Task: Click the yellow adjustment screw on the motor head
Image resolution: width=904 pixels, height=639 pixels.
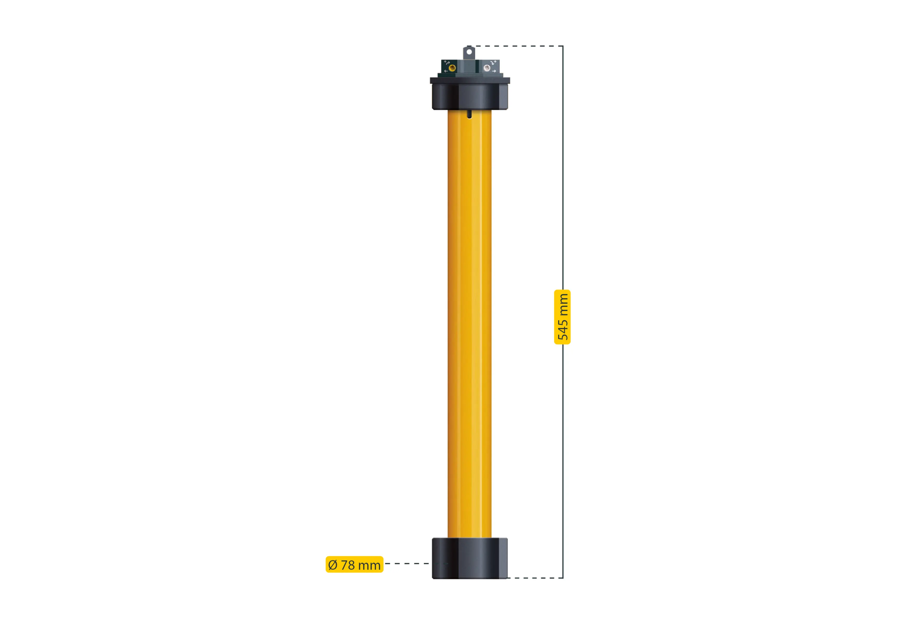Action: click(453, 68)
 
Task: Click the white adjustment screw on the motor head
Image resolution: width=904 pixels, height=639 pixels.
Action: click(487, 68)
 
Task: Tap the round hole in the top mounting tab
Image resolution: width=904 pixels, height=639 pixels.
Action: click(469, 52)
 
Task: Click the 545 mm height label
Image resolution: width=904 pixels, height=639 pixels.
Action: click(562, 317)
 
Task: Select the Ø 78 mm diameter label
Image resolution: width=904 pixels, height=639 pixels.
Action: click(354, 565)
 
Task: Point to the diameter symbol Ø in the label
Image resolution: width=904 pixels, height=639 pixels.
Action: click(333, 565)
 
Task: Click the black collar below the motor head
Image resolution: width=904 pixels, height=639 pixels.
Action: click(470, 97)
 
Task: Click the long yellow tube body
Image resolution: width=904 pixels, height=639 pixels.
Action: click(469, 323)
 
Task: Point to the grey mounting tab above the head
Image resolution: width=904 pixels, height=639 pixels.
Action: click(469, 55)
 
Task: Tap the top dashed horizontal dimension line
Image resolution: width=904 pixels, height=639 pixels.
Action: click(516, 46)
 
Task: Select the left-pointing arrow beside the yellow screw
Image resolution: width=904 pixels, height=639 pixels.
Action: click(446, 71)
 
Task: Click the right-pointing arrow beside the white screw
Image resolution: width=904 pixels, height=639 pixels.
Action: click(494, 71)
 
